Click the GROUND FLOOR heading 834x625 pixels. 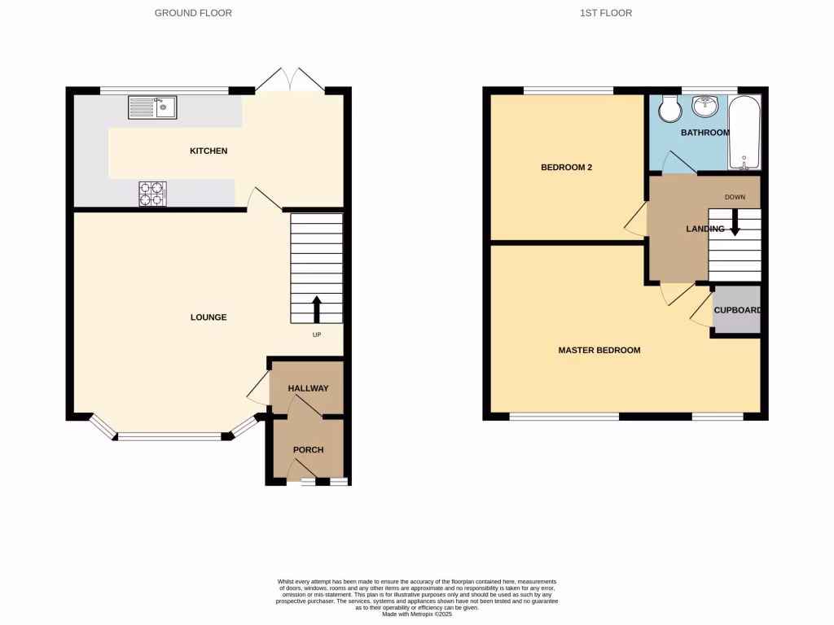click(x=193, y=13)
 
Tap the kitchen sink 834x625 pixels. click(x=151, y=107)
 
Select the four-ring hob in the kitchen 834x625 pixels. click(x=152, y=194)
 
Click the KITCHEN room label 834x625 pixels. click(x=208, y=151)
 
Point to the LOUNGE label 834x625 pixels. click(x=208, y=317)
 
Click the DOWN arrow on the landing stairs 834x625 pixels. click(x=735, y=222)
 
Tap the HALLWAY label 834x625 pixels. click(x=308, y=389)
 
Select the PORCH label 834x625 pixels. click(x=308, y=450)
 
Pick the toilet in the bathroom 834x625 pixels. click(x=670, y=106)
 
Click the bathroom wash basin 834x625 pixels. click(x=705, y=107)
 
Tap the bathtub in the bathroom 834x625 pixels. click(x=744, y=133)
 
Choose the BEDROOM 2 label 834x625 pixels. click(x=566, y=168)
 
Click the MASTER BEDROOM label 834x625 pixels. click(x=599, y=351)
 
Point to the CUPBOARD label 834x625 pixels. click(x=737, y=310)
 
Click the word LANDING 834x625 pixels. click(x=705, y=229)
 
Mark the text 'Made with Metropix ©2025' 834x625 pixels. click(x=417, y=614)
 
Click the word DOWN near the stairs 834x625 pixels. click(x=735, y=197)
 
